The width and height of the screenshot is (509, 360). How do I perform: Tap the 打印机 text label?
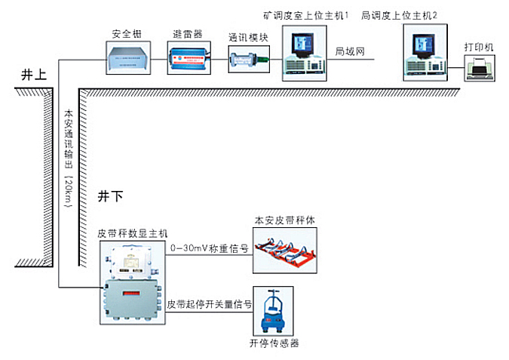[479, 48]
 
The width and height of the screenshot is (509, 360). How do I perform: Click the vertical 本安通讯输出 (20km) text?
[68, 158]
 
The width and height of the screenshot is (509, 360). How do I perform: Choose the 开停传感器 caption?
[274, 342]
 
